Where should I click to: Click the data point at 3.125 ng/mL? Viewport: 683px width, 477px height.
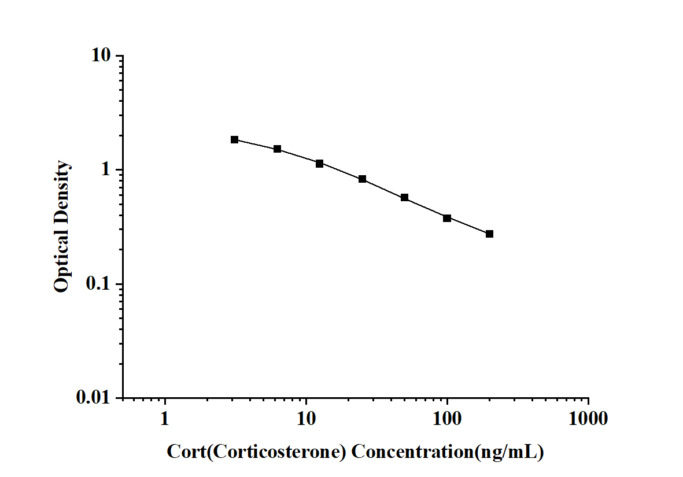click(x=234, y=139)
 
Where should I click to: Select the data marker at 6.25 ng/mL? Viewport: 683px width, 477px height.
click(x=277, y=149)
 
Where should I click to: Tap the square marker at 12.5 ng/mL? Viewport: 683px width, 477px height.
click(x=319, y=164)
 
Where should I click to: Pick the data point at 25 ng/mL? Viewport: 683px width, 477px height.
click(x=362, y=179)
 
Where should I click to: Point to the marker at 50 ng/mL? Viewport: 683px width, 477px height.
click(x=404, y=198)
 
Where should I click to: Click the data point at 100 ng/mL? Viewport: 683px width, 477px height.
click(x=447, y=218)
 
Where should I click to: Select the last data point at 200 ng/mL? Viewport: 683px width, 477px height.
click(x=489, y=234)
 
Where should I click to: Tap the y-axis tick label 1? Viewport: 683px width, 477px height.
click(x=106, y=170)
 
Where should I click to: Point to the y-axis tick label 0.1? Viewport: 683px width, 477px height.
click(x=98, y=284)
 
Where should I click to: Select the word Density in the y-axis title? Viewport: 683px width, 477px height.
click(x=62, y=193)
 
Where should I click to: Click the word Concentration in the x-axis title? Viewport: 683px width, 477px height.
click(x=412, y=452)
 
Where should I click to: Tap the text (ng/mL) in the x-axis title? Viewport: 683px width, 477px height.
click(x=508, y=452)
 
